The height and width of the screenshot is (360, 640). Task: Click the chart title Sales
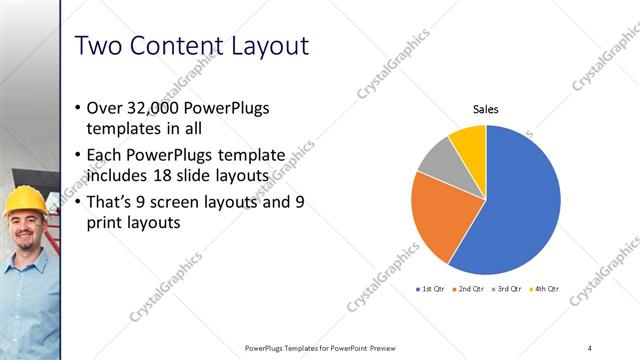(x=486, y=111)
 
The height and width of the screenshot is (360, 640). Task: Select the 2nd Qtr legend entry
(x=471, y=288)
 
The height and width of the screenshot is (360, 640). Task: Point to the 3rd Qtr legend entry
(x=507, y=288)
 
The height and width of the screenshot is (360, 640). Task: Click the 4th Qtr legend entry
(x=543, y=288)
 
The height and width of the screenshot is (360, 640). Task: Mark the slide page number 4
(x=590, y=348)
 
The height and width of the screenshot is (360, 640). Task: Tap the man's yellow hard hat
(x=21, y=203)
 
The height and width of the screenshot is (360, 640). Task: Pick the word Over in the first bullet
(x=109, y=107)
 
